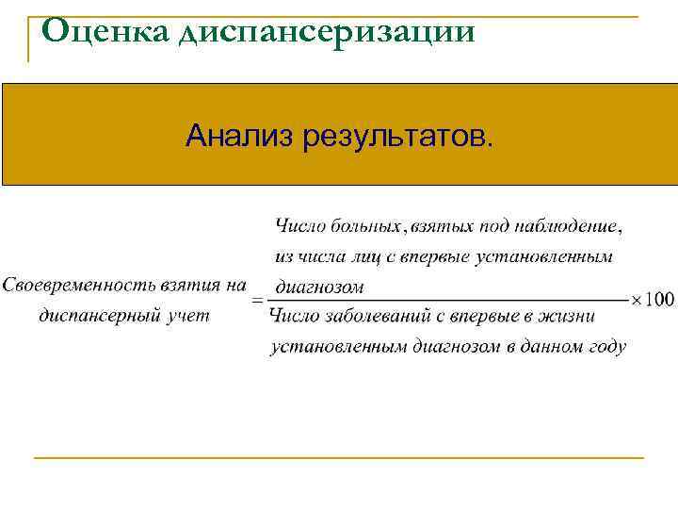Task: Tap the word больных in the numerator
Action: point(364,224)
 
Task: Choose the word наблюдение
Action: point(565,224)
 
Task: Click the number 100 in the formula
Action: point(660,300)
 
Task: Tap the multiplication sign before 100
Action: point(636,300)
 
